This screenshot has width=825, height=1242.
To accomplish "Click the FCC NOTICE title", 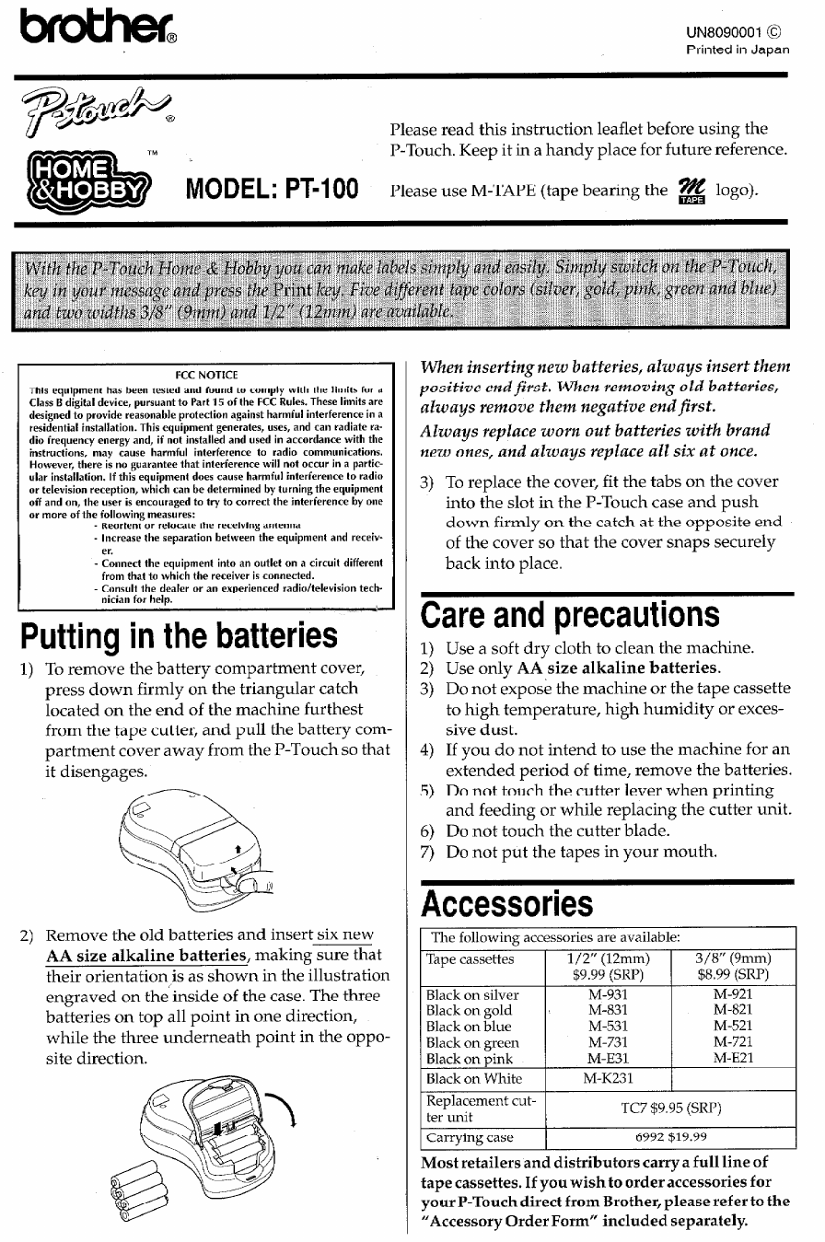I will (x=207, y=375).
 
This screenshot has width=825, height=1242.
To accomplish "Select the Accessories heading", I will (x=506, y=904).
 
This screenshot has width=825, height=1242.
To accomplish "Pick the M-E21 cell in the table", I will (x=733, y=1059).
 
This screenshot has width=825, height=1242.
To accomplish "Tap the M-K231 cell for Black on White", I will (x=610, y=1079).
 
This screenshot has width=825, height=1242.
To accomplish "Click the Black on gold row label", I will (x=470, y=1011).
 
